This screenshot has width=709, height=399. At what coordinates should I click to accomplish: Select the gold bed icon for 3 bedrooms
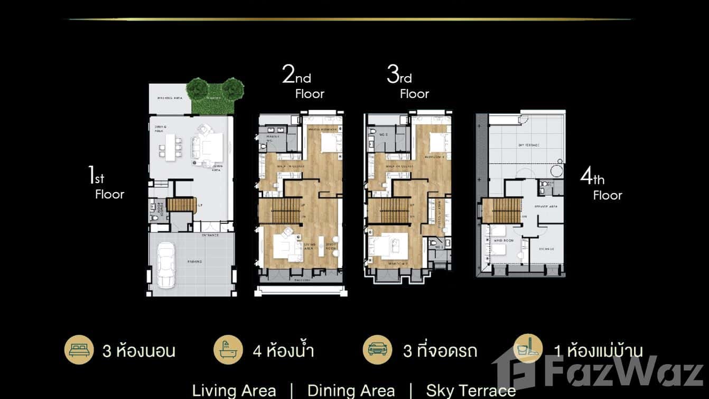point(79,349)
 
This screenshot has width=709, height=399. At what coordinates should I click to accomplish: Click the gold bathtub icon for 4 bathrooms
point(228,349)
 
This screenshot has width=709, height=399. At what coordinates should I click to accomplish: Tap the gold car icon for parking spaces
point(377,349)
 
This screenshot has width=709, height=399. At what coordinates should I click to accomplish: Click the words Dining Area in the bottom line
point(351,391)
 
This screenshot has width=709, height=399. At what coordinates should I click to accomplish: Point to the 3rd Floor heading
point(407,85)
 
